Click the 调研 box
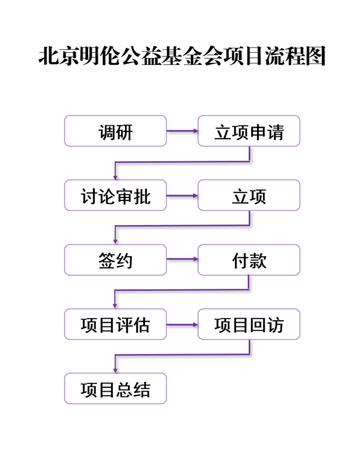115,131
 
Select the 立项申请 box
249,131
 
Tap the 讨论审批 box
115,195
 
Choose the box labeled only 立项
249,195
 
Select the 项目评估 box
115,324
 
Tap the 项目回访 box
249,324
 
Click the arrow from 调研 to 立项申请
182,131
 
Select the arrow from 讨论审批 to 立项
182,195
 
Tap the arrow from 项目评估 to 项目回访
182,324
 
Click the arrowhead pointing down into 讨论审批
115,176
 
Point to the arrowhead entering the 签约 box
115,241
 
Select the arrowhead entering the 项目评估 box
115,305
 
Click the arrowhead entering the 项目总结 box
115,369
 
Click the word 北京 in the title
54,56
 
